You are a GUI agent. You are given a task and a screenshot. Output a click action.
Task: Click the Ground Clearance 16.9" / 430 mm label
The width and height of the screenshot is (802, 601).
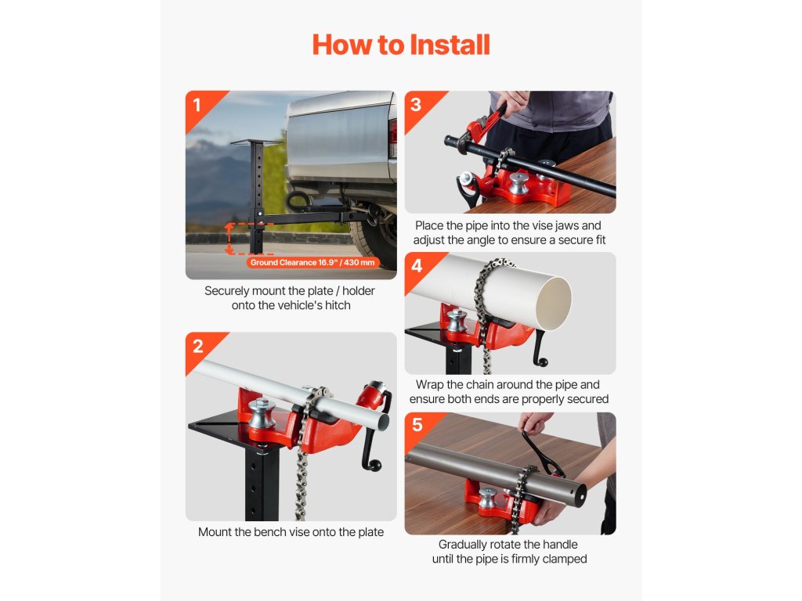pos(312,263)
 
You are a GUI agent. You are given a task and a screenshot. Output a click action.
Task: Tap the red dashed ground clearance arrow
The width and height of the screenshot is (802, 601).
pos(229,238)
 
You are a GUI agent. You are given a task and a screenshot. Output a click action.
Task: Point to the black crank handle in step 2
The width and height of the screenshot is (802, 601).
pos(375,434)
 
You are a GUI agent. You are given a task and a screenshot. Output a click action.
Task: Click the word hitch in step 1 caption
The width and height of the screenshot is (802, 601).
pos(337,305)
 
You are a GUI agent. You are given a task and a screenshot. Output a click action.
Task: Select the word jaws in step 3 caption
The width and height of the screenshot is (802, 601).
pos(566,226)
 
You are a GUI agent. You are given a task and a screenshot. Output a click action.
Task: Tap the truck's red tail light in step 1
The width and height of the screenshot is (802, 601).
pos(392,132)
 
